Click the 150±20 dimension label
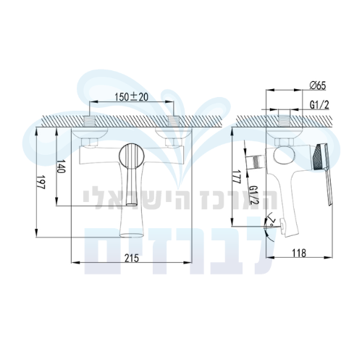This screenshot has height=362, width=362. pos(131,97)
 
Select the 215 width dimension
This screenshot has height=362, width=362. pos(132,258)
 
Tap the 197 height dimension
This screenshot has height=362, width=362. pos(41,182)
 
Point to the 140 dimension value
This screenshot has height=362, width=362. pos(61,166)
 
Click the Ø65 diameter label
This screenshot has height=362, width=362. pos(318,85)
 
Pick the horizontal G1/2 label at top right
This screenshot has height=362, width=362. pos(319,105)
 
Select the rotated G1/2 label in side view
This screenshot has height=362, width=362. pos(254,195)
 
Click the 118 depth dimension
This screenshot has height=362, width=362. pos(299,253)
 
